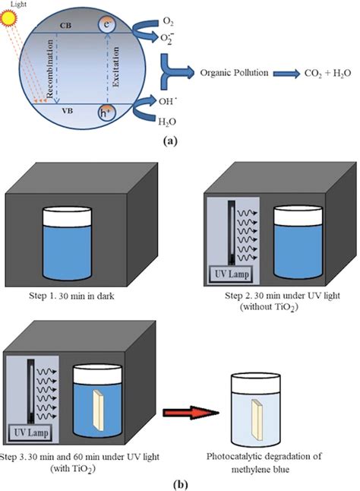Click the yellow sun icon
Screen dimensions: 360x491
click(8, 17)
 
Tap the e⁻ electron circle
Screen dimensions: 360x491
click(107, 24)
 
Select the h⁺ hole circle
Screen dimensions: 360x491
click(107, 112)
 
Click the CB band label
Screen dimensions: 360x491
click(65, 26)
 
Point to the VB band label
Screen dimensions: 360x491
click(68, 111)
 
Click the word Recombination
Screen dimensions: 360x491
click(49, 69)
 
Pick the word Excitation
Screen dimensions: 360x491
click(115, 67)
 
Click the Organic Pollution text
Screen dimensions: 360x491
click(234, 73)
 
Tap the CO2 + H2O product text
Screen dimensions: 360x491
click(328, 74)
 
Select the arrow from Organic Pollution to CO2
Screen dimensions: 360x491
click(286, 74)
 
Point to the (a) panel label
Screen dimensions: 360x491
click(170, 141)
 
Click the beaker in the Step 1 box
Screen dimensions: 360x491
click(67, 243)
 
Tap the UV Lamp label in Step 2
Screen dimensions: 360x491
click(232, 274)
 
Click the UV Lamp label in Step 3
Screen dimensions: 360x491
click(31, 433)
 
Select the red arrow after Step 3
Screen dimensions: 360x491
click(191, 413)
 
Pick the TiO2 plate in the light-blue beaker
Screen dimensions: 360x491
click(257, 420)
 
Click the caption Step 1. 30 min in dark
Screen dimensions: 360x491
click(71, 296)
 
